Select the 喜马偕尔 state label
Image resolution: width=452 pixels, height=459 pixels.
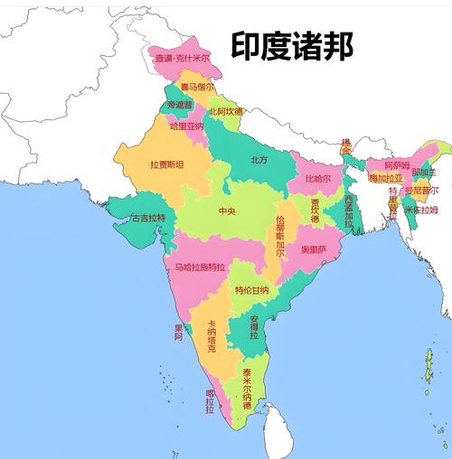(197, 87)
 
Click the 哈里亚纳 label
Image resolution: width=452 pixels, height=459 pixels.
(187, 126)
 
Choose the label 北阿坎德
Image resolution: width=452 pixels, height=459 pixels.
(225, 111)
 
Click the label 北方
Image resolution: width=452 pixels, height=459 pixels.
(259, 160)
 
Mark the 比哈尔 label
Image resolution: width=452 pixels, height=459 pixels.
(317, 178)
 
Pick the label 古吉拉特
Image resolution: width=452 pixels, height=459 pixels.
(148, 218)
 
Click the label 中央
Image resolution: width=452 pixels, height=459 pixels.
(226, 211)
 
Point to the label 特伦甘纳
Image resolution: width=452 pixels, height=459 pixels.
(251, 290)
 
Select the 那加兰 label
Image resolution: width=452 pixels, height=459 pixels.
(423, 172)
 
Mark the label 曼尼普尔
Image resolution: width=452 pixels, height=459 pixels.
(420, 191)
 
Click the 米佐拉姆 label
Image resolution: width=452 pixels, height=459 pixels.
(419, 210)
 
